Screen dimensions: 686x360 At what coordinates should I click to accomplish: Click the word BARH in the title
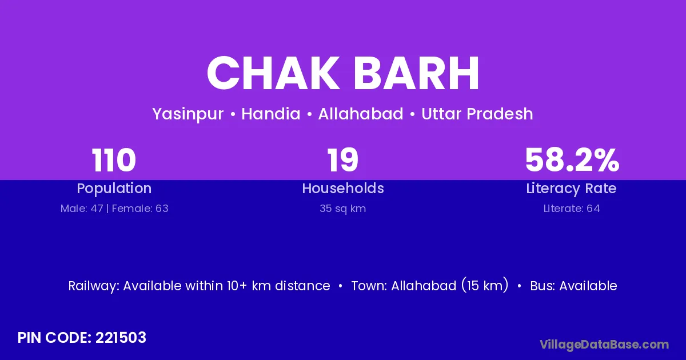pyautogui.click(x=417, y=73)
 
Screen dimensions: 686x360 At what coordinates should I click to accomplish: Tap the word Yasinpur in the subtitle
pyautogui.click(x=188, y=114)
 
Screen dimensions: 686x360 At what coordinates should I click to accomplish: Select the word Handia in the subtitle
pyautogui.click(x=271, y=114)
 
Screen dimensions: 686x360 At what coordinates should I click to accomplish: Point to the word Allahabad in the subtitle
pyautogui.click(x=361, y=114)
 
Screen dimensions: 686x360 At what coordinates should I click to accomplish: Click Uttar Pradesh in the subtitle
pyautogui.click(x=477, y=114)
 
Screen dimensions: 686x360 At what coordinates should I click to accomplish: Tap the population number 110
pyautogui.click(x=114, y=160)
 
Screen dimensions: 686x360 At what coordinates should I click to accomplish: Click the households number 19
pyautogui.click(x=342, y=160)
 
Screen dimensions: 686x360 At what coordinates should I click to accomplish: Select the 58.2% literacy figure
pyautogui.click(x=572, y=160)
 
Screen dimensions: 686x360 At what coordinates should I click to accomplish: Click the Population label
pyautogui.click(x=114, y=189)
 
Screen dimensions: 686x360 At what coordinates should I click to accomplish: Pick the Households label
pyautogui.click(x=343, y=188)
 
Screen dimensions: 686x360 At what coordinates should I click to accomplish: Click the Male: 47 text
pyautogui.click(x=82, y=209)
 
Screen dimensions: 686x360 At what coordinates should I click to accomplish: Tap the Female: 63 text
pyautogui.click(x=140, y=209)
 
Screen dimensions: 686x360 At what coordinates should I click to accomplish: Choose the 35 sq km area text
pyautogui.click(x=342, y=209)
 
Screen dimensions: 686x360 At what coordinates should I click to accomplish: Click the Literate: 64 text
pyautogui.click(x=572, y=209)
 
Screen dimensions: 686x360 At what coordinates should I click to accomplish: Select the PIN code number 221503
pyautogui.click(x=121, y=338)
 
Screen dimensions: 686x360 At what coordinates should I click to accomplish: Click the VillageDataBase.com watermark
pyautogui.click(x=604, y=345)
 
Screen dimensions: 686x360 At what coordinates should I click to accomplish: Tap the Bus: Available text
pyautogui.click(x=573, y=286)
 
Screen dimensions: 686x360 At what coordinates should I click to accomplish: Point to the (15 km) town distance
pyautogui.click(x=485, y=285)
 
